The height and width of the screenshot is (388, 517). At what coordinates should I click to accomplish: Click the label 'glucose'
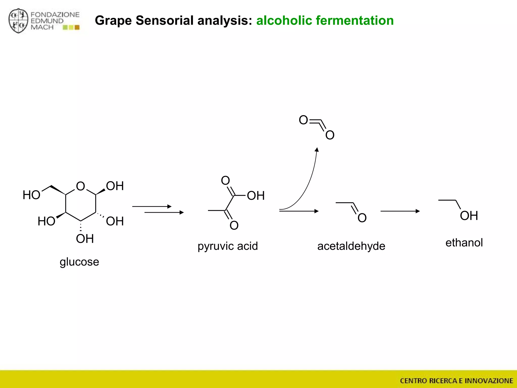[79, 262]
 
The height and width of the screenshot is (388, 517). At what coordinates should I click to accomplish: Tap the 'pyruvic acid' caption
[227, 246]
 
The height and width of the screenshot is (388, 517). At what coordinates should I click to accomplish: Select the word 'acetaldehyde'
[351, 246]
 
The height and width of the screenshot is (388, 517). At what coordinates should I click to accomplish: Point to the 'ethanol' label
[464, 243]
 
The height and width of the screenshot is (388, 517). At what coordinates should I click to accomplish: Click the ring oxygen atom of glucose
[81, 186]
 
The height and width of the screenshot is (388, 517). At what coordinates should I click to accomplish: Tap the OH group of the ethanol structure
[469, 216]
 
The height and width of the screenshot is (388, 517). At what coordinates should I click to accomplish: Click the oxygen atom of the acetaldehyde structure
[362, 218]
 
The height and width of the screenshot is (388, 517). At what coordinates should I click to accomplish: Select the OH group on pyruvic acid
[255, 196]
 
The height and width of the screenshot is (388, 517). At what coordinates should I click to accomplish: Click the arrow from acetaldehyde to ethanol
[400, 211]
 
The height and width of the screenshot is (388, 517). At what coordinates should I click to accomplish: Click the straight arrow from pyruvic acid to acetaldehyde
[299, 211]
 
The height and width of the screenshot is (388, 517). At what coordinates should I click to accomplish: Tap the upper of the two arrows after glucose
[152, 206]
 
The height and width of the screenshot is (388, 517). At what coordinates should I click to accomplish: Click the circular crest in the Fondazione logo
[18, 21]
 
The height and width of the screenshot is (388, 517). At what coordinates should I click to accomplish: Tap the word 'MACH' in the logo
[42, 27]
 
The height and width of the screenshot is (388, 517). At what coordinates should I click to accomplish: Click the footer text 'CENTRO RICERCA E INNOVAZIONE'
[456, 380]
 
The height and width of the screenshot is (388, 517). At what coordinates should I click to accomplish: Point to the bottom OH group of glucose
[85, 239]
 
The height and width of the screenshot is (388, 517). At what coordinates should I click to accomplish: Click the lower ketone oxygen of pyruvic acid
[234, 225]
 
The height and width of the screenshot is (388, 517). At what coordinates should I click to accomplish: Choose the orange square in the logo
[77, 27]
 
